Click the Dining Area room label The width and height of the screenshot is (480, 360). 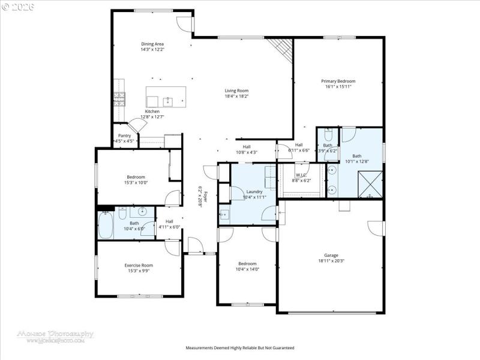click(152, 44)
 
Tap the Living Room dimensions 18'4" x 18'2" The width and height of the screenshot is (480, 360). click(236, 96)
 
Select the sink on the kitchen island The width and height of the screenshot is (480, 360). click(169, 101)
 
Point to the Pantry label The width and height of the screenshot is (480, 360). click(124, 136)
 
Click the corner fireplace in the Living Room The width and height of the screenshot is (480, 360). click(280, 46)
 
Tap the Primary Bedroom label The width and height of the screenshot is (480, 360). click(338, 81)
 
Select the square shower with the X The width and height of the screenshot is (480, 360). click(370, 184)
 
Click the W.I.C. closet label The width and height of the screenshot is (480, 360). click(301, 175)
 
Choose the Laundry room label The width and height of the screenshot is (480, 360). click(254, 191)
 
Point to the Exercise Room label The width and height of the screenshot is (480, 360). click(139, 265)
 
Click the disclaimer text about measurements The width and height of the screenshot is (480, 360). click(239, 348)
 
